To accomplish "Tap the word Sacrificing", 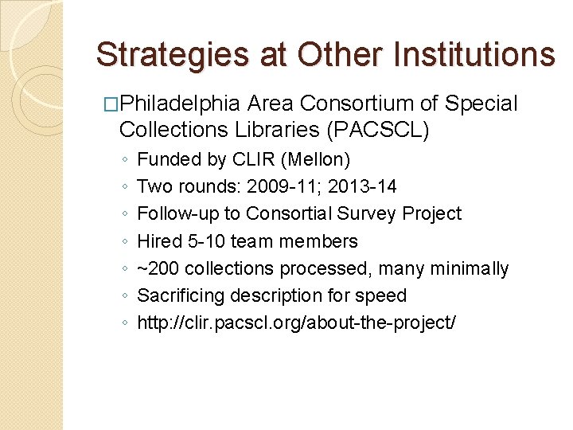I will point(181,296).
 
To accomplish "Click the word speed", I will point(380,296).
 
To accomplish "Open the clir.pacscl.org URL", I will point(297,323).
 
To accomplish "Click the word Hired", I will point(160,241).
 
